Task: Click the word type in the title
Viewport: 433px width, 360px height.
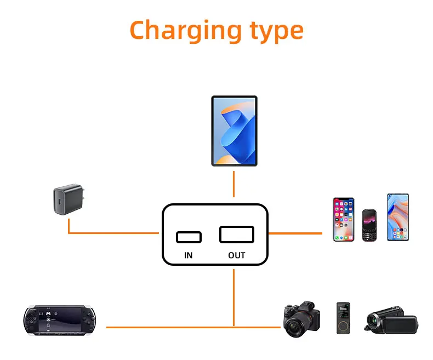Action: (275, 30)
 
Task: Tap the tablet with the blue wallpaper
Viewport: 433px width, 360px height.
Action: (234, 131)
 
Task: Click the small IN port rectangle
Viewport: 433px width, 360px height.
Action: (189, 237)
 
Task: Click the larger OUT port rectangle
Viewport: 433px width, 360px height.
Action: (237, 235)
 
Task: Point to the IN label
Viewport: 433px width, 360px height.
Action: (189, 255)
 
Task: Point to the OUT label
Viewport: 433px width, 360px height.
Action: (237, 255)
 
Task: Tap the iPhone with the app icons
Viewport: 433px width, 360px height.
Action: (344, 219)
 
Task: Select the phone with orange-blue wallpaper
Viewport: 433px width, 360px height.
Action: (397, 217)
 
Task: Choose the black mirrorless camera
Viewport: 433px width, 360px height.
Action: (301, 319)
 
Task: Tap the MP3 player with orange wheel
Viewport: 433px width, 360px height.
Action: (341, 318)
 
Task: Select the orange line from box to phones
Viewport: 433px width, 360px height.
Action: (296, 233)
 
